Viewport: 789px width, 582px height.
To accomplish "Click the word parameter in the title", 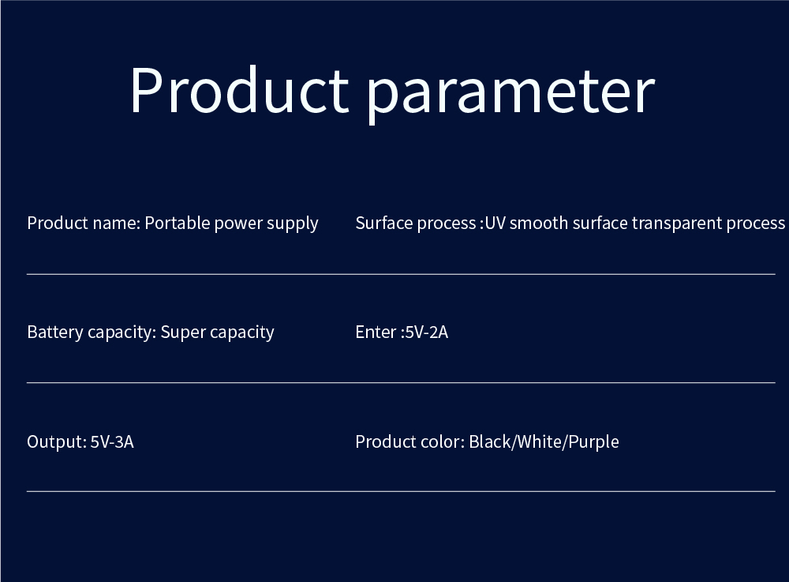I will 510,92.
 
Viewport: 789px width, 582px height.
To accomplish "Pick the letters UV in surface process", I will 495,223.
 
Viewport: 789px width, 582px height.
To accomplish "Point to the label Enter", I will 375,332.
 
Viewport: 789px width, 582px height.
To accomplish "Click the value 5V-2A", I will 426,332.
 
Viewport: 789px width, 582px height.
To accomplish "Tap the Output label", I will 55,442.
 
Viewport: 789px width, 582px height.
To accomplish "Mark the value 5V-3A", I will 112,442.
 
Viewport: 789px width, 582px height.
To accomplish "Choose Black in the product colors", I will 490,442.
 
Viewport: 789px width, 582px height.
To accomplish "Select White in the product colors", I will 540,442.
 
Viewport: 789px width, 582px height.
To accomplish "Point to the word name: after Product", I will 116,223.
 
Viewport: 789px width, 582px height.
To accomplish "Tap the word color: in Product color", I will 442,442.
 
